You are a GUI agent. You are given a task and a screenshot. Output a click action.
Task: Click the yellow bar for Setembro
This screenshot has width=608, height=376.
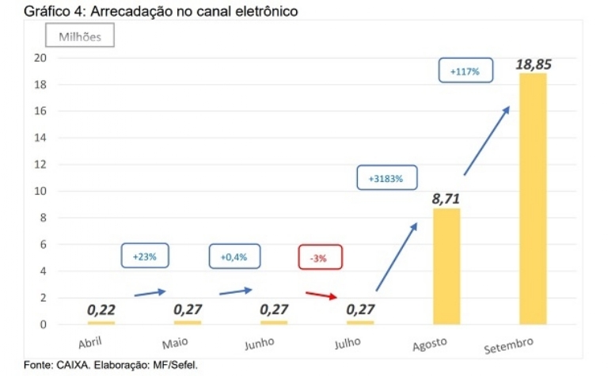pos(533,198)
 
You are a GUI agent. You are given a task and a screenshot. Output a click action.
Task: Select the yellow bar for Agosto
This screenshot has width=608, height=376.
pos(446,266)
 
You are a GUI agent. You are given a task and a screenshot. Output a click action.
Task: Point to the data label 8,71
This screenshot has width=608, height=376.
pos(446,199)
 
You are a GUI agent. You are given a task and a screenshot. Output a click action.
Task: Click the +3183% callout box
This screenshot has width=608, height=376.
pos(386,179)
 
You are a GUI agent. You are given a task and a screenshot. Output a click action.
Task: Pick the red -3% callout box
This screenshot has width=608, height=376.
pos(320,258)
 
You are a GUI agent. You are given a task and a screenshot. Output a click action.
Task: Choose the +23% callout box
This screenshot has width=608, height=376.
pos(145,256)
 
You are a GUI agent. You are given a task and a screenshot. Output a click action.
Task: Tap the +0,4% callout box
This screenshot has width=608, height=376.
pos(234,257)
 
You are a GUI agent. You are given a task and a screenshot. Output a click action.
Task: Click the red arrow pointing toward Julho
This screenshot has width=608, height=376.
pos(322,294)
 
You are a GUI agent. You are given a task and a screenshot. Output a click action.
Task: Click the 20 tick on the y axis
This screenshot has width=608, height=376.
pos(40,58)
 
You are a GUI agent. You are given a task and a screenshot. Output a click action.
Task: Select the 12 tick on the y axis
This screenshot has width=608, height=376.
pos(40,165)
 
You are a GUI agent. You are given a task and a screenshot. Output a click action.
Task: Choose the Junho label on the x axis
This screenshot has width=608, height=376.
pos(259,343)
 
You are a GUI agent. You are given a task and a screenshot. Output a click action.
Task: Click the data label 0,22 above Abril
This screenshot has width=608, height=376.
pos(101,310)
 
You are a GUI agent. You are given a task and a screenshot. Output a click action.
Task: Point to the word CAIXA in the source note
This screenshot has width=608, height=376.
pos(73,365)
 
